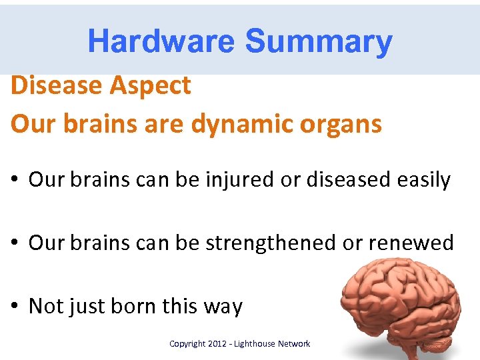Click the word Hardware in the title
pyautogui.click(x=161, y=41)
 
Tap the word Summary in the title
pyautogui.click(x=318, y=41)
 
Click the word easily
pyautogui.click(x=423, y=179)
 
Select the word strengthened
pyautogui.click(x=270, y=243)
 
